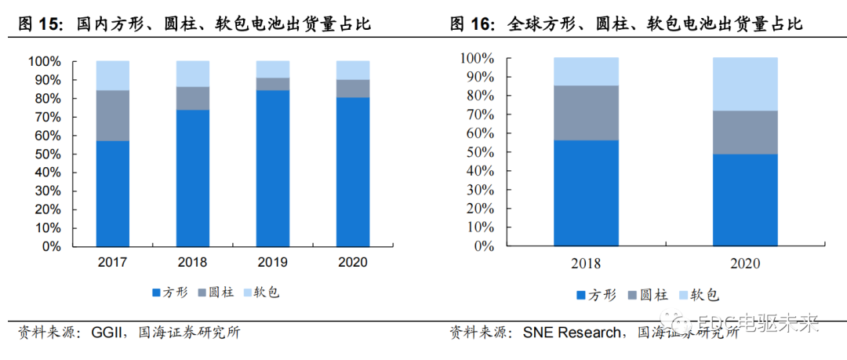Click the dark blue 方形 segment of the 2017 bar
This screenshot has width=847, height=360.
[x=112, y=194]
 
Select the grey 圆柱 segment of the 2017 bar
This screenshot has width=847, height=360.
[x=112, y=115]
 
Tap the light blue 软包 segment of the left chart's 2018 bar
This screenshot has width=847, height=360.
[x=192, y=74]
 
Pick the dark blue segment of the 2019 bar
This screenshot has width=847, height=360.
[x=272, y=168]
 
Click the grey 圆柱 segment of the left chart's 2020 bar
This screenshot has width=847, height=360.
[x=352, y=89]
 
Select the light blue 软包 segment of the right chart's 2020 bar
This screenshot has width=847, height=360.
[x=745, y=84]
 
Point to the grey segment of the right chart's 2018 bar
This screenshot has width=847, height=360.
[x=586, y=113]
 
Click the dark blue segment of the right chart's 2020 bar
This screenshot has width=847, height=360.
[x=745, y=199]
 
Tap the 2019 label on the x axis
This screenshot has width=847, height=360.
[x=272, y=262]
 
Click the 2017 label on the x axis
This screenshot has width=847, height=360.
[x=112, y=262]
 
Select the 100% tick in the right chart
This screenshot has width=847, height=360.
[x=478, y=59]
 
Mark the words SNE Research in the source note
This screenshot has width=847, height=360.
[x=572, y=333]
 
